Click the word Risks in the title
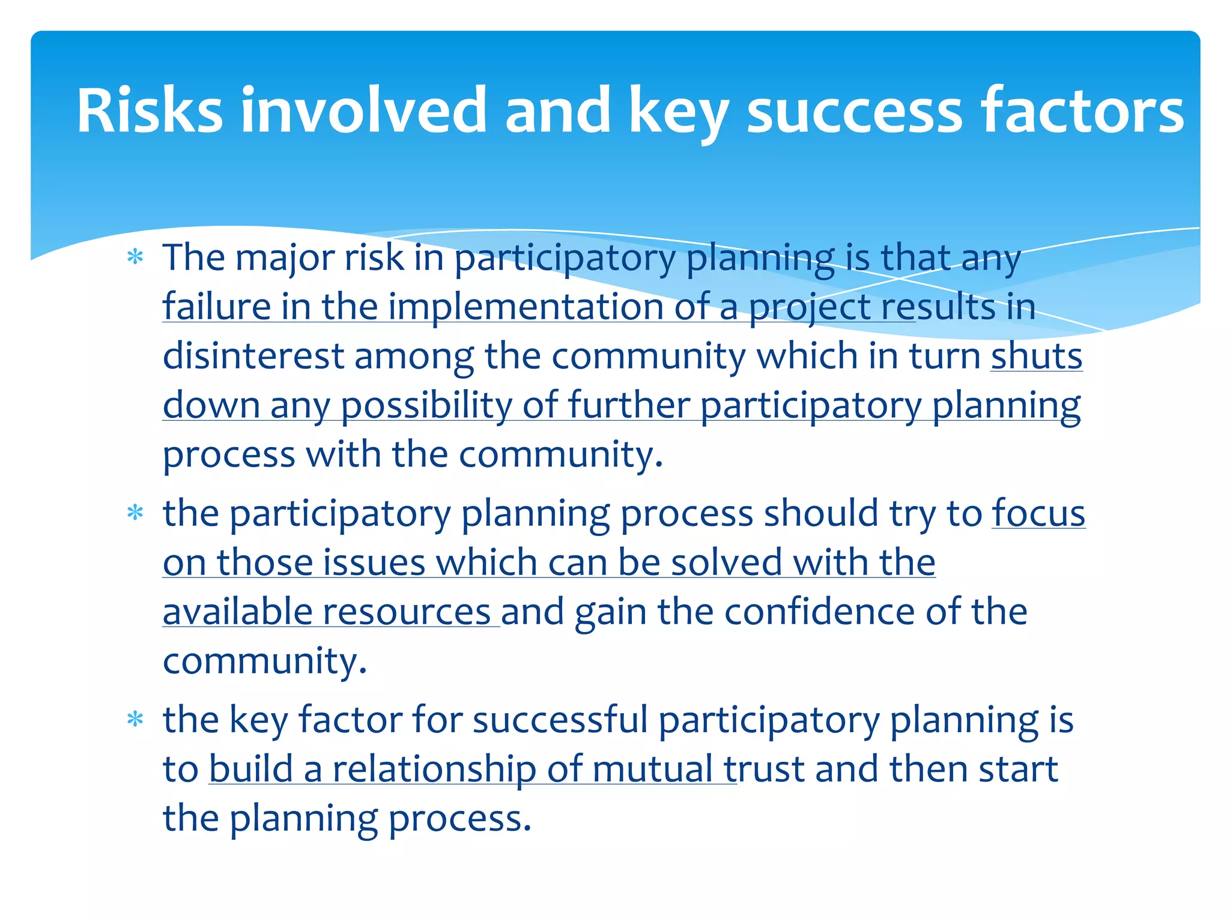(x=150, y=110)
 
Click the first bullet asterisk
(x=136, y=258)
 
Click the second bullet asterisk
(x=136, y=513)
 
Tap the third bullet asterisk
(x=136, y=719)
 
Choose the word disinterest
(x=253, y=356)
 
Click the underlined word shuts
(x=1037, y=356)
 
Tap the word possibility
(x=426, y=405)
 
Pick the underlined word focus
(x=1038, y=514)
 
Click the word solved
(x=726, y=563)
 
